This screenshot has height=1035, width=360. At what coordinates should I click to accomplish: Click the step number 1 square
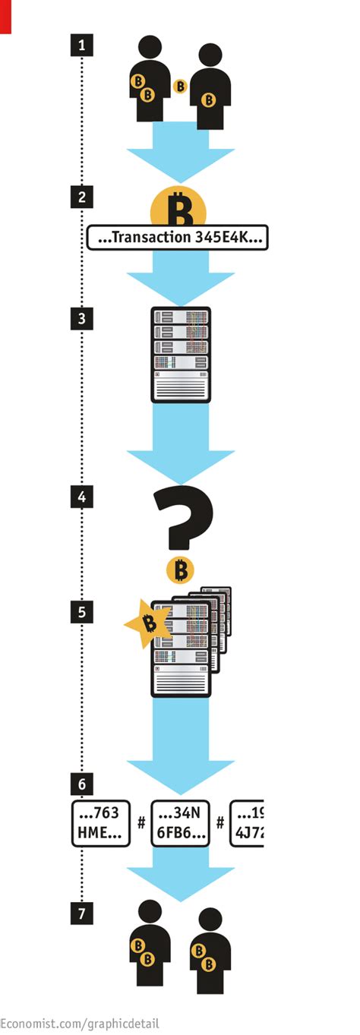(x=81, y=45)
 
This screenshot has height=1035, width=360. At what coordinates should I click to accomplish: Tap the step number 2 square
(x=81, y=197)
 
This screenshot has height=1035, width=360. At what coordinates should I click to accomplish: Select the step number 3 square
(x=81, y=317)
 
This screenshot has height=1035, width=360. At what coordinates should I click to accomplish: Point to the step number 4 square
(x=81, y=498)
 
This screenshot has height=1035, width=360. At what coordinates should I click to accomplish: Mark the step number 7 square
(x=81, y=914)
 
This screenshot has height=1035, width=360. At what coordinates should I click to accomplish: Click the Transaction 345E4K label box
(x=178, y=238)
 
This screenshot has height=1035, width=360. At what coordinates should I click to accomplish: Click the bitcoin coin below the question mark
(x=180, y=570)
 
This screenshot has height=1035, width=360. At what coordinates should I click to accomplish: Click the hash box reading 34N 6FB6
(x=180, y=822)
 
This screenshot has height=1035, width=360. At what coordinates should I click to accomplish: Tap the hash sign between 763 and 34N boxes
(x=141, y=822)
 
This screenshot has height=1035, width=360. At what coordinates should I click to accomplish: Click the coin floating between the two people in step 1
(x=180, y=87)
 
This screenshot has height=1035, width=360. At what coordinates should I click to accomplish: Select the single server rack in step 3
(x=180, y=354)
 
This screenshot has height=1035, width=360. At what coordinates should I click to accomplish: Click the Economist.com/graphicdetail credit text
(x=80, y=1023)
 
